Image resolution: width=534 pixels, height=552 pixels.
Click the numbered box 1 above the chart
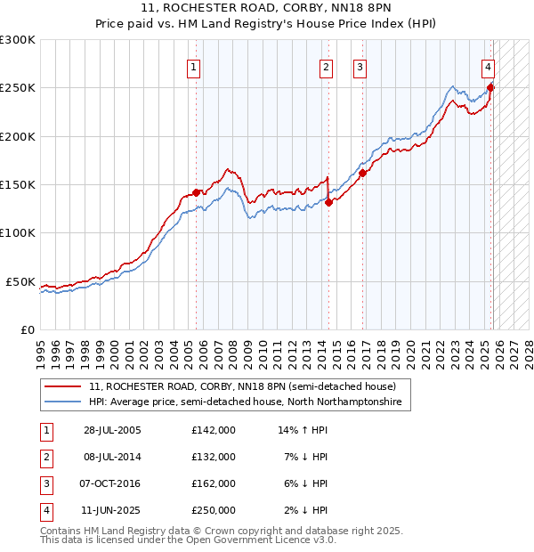194,65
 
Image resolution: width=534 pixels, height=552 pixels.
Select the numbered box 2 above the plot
327,65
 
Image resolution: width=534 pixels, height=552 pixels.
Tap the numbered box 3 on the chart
360,65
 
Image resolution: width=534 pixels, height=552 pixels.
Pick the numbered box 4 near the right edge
489,65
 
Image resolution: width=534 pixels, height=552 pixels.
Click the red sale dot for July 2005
197,191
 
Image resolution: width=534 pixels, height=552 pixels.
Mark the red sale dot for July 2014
328,201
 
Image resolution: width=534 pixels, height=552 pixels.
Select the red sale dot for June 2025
490,87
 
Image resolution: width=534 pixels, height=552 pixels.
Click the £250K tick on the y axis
18,88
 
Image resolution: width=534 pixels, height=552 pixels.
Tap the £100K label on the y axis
18,232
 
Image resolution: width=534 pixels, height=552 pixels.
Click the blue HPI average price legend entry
245,402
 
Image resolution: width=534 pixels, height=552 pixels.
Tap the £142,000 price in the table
214,430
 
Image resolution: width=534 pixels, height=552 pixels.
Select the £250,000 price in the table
214,510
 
